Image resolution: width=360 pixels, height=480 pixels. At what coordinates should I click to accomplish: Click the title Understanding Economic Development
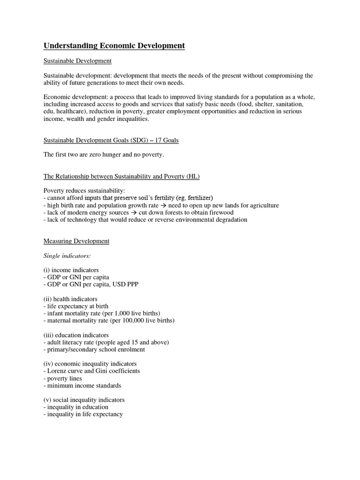(x=114, y=45)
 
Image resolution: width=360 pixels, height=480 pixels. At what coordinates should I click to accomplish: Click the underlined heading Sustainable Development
(x=77, y=61)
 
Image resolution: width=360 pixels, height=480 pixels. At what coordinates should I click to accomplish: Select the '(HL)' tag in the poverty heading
(x=193, y=176)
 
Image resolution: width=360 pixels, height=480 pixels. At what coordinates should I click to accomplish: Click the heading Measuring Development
(x=76, y=241)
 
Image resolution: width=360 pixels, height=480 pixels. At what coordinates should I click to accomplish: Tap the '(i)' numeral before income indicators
(x=47, y=270)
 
